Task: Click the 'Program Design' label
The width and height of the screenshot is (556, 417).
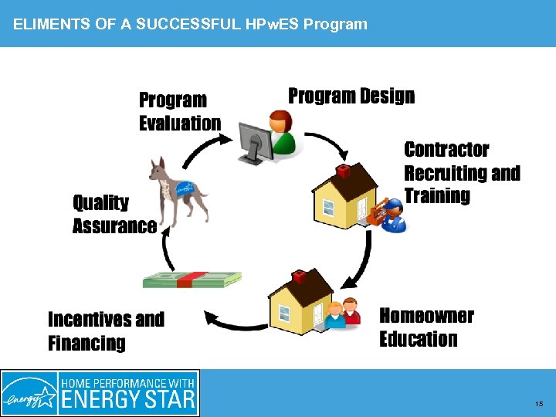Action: pos(351,97)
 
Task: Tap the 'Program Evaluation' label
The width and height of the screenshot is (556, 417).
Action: pos(180,112)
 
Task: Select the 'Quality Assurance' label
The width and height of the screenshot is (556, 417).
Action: pos(114,214)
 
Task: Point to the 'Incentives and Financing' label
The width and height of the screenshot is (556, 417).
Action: pos(106,331)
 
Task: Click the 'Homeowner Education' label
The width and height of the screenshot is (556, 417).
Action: pos(426,327)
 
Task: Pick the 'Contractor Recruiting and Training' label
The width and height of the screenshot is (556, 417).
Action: pos(462,172)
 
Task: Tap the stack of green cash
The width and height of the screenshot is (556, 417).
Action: pos(192,280)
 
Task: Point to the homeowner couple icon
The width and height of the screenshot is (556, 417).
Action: pos(343,314)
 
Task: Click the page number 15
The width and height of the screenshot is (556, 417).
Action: pos(538,404)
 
